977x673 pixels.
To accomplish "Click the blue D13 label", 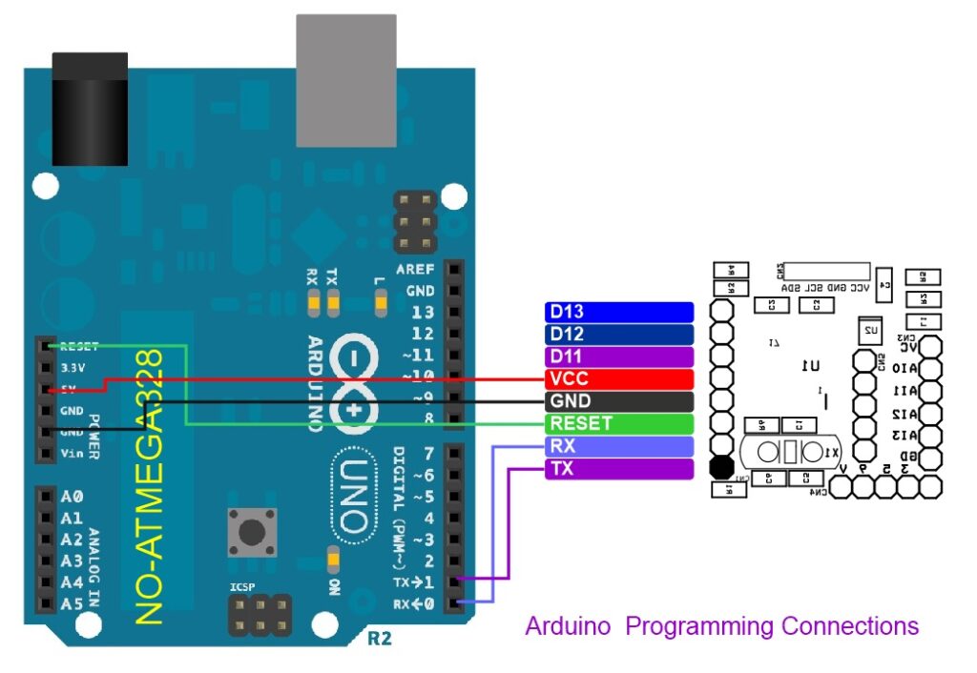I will (x=618, y=312).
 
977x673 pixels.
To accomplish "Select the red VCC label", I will (x=618, y=379).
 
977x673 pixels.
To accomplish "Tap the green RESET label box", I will (x=618, y=423).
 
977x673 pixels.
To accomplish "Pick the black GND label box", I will (x=618, y=401).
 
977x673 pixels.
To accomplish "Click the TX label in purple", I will (x=618, y=469).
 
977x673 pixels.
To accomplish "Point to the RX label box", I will (x=618, y=446).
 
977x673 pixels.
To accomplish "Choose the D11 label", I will (x=618, y=357).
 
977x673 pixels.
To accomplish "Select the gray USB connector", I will (x=345, y=81).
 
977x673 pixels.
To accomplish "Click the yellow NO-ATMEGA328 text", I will (x=152, y=486).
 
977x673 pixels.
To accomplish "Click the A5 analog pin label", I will (x=72, y=603).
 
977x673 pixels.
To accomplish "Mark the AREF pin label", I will (x=416, y=271).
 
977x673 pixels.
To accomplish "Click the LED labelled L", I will (x=382, y=304).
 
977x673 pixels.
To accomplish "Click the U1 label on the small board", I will (x=810, y=365).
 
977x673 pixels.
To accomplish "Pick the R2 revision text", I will (x=379, y=638).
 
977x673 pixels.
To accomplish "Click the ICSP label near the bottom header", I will (x=242, y=588).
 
